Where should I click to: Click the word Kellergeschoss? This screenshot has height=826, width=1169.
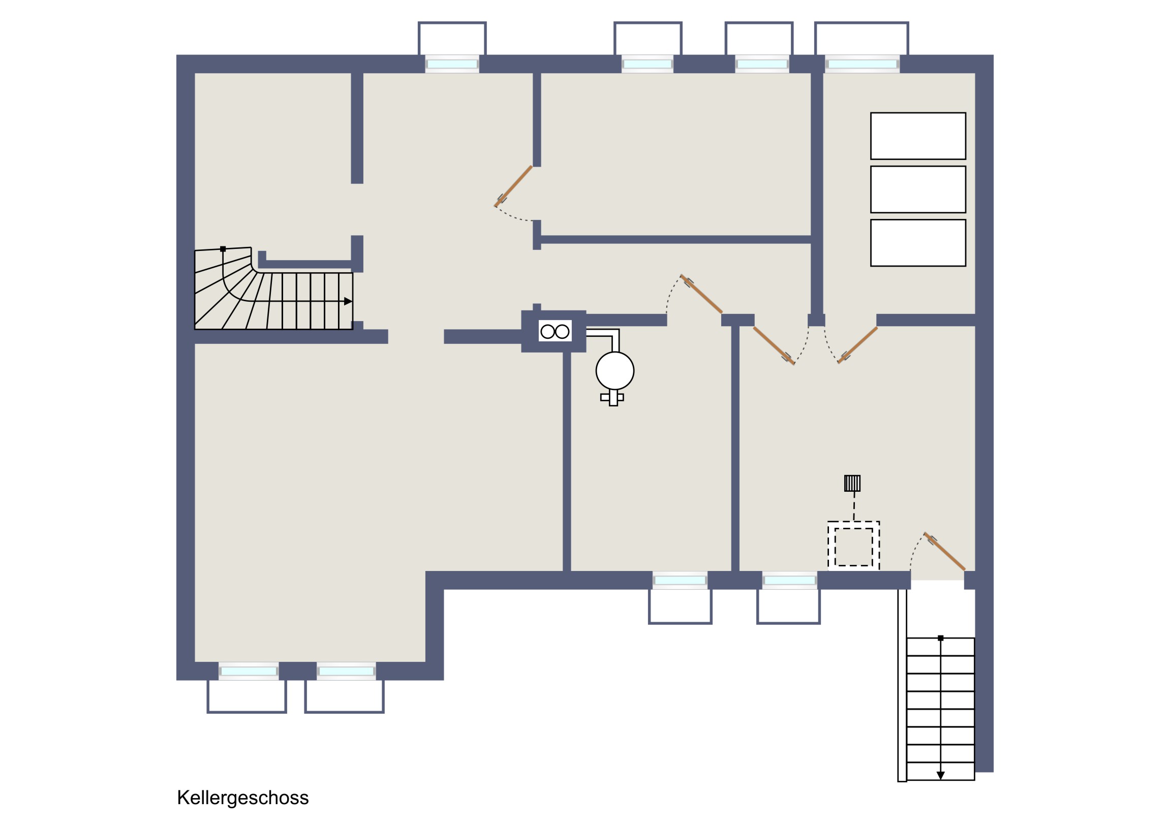pos(243,798)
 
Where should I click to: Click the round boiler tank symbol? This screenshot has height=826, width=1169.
pos(614,370)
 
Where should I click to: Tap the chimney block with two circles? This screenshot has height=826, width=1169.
pos(555,331)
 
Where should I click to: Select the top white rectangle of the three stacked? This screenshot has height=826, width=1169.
pos(918,136)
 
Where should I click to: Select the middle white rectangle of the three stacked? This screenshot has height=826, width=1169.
pos(918,189)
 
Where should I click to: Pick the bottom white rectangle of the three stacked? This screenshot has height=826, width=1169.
pos(918,243)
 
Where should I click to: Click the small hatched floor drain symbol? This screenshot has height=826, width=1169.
pos(852,483)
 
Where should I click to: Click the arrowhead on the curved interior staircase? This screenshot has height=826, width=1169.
pos(348,301)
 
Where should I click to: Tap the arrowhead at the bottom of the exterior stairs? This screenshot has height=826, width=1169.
pos(941,776)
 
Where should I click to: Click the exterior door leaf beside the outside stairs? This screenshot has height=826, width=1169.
pos(944,552)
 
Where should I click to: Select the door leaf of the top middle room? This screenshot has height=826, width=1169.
pos(513,186)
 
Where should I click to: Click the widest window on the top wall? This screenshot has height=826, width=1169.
pos(862,64)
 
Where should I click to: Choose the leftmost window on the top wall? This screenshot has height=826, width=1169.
pos(452,64)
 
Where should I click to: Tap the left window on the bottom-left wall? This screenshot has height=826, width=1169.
pos(249,671)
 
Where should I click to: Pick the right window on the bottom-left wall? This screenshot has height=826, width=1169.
pos(346,671)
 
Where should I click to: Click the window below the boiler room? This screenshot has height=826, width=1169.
pos(680,580)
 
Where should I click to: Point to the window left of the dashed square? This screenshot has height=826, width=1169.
pos(790,580)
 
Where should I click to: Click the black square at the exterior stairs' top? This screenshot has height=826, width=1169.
pos(941,638)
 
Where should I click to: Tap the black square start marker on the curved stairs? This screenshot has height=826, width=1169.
pos(223,249)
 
